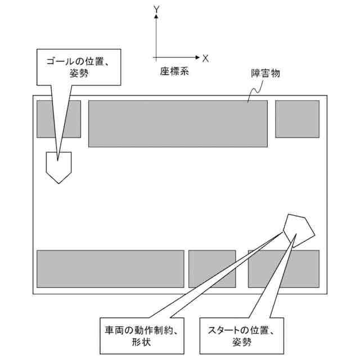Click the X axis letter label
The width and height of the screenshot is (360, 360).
[206, 57]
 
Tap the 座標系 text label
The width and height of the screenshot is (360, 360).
[174, 71]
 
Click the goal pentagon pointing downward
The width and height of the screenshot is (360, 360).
[58, 166]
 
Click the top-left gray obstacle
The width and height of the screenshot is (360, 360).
[58, 119]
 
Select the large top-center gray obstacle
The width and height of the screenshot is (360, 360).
[178, 124]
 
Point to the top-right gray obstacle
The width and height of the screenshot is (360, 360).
[297, 119]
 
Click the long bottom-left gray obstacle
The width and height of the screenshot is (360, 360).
[110, 269]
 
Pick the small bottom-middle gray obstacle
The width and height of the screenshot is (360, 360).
[211, 269]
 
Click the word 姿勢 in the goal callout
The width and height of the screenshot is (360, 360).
[80, 73]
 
